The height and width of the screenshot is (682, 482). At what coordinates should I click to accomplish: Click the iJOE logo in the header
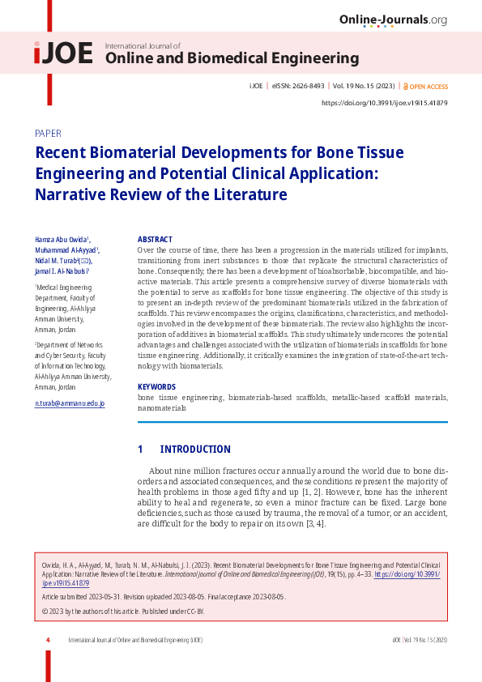(x=63, y=53)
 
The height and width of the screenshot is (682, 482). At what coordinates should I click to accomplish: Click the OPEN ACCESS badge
(x=428, y=86)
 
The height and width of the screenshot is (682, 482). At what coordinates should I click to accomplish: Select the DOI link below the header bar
(x=385, y=103)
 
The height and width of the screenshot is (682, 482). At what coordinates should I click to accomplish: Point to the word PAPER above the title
(x=48, y=133)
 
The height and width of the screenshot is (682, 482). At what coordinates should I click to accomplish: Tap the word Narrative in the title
(x=69, y=194)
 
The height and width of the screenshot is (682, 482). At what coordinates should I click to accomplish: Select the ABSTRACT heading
(x=155, y=240)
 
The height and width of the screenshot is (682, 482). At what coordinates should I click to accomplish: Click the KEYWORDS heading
(x=156, y=387)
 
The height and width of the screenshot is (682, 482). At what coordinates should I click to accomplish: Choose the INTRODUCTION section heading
(x=195, y=450)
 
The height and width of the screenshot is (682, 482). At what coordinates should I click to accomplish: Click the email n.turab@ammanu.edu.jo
(x=70, y=403)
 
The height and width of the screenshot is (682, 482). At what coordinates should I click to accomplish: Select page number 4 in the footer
(x=48, y=640)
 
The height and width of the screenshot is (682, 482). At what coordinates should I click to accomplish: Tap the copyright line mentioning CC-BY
(x=122, y=611)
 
